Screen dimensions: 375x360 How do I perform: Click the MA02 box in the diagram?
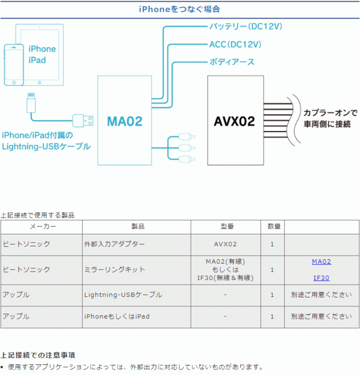pyautogui.click(x=125, y=120)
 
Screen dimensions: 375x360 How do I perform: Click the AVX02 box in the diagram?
pyautogui.click(x=235, y=120)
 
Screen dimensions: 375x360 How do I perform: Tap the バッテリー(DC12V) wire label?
pyautogui.click(x=245, y=26)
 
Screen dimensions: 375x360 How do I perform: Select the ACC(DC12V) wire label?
pyautogui.click(x=235, y=44)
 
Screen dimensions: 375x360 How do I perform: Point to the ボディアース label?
pyautogui.click(x=232, y=62)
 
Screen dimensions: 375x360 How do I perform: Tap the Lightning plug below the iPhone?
pyautogui.click(x=31, y=101)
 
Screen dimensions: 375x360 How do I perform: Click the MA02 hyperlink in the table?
pyautogui.click(x=321, y=261)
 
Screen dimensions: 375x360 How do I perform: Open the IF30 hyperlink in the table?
pyautogui.click(x=321, y=278)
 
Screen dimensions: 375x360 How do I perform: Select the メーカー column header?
pyautogui.click(x=42, y=227)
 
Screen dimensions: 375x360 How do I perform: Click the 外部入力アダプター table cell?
pyautogui.click(x=114, y=244)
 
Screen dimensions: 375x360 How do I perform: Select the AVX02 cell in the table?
pyautogui.click(x=225, y=244)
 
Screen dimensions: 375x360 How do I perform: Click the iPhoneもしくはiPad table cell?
pyautogui.click(x=116, y=317)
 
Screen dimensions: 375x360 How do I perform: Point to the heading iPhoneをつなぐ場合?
pyautogui.click(x=179, y=9)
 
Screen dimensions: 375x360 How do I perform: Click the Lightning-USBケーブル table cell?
pyautogui.click(x=123, y=295)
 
